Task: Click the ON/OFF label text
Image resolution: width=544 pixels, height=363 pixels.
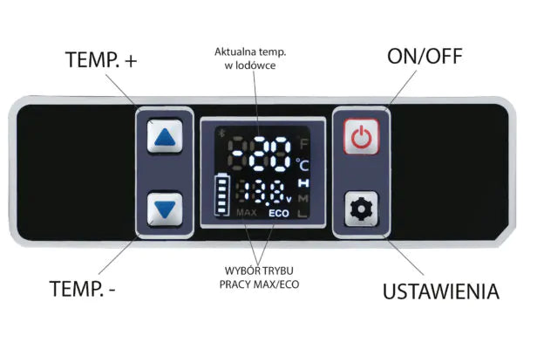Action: click(x=425, y=58)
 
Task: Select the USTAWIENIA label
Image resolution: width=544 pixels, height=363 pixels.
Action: click(x=441, y=291)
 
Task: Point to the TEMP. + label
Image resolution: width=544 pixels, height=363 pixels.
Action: click(x=102, y=60)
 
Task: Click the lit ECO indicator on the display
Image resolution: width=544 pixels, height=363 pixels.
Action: click(x=279, y=214)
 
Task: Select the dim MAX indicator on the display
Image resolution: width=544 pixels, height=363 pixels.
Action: click(x=246, y=214)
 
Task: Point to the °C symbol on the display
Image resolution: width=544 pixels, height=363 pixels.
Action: click(x=303, y=164)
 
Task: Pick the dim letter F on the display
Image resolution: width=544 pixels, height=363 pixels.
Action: click(x=303, y=143)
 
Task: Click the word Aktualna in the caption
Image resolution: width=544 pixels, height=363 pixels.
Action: click(x=234, y=52)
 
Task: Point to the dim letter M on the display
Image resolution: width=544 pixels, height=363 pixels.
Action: click(x=303, y=198)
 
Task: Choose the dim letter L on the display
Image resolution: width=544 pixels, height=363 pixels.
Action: click(x=303, y=214)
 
